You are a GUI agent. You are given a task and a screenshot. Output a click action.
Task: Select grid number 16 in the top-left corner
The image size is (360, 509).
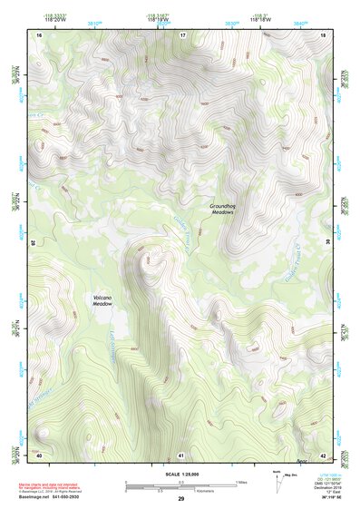(39, 34)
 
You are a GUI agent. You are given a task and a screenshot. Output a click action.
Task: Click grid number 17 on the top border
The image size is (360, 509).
(181, 34)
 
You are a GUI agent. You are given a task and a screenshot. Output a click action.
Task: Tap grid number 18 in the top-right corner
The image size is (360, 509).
(322, 34)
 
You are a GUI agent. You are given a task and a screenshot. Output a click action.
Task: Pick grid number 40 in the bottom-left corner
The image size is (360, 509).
(39, 454)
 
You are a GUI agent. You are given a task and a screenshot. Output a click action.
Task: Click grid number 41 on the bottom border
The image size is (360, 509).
(181, 454)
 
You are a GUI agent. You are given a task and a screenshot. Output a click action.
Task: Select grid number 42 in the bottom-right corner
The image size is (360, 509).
(322, 454)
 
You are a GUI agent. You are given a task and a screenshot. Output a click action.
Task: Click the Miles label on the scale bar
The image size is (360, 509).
(240, 481)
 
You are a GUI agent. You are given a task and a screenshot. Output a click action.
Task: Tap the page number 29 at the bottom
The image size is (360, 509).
(180, 500)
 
